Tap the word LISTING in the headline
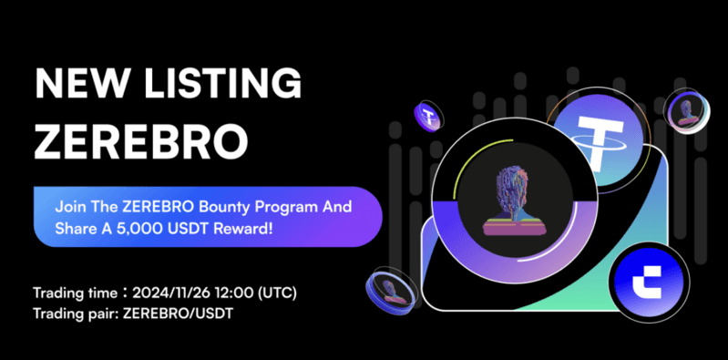point(220,84)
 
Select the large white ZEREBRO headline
point(141,141)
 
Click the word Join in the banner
point(68,207)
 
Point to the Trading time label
point(72,293)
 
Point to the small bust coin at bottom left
point(389,290)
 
